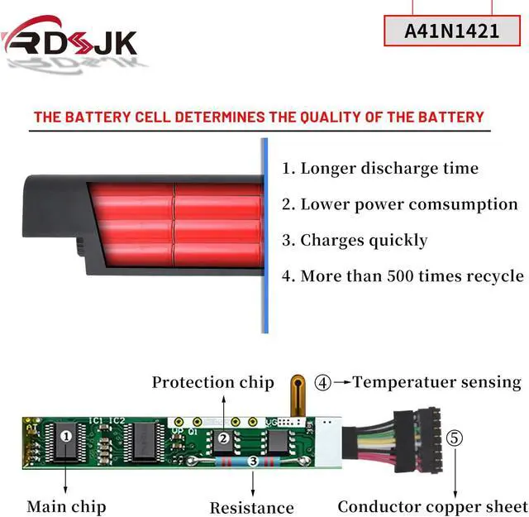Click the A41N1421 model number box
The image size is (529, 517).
point(451,31)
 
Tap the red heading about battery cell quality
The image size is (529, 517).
point(259,117)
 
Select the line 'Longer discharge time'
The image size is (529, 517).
point(379,168)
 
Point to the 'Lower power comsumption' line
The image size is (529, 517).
point(399,204)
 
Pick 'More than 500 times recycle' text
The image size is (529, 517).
point(402,276)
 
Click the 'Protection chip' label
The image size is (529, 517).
point(212,382)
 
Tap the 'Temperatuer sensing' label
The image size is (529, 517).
point(436,382)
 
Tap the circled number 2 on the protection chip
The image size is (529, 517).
point(222,439)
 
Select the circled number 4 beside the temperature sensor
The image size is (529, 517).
point(323,383)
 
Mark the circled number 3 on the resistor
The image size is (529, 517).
point(253,460)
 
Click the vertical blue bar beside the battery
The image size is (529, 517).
point(264,236)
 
